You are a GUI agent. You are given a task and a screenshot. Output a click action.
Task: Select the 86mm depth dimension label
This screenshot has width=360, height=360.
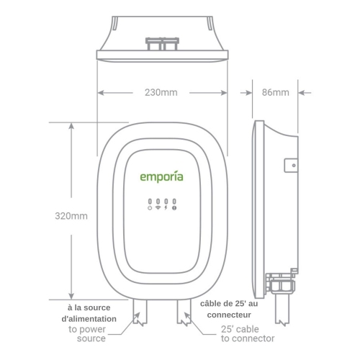pyautogui.click(x=275, y=93)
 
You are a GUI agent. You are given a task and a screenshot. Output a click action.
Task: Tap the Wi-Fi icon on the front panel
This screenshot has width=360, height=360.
pyautogui.click(x=158, y=207)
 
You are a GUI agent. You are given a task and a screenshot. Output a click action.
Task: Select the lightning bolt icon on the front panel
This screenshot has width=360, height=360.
pyautogui.click(x=166, y=207)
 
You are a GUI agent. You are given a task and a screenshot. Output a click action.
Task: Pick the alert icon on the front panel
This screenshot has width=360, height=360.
pyautogui.click(x=174, y=207)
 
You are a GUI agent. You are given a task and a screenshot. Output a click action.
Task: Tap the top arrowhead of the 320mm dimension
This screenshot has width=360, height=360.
pyautogui.click(x=71, y=129)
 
